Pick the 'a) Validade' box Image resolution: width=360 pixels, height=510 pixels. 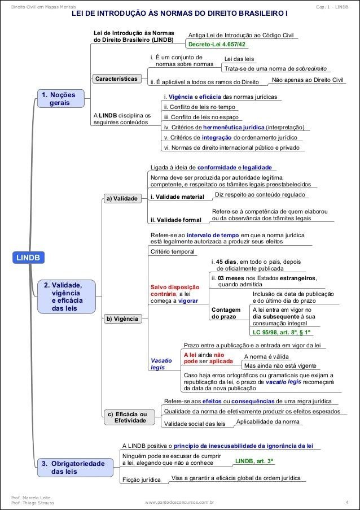(122, 199)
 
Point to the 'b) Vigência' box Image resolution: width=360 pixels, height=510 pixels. (122, 319)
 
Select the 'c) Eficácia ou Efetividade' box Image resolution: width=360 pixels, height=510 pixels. (127, 417)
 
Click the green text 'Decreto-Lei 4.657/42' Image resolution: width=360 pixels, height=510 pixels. (217, 44)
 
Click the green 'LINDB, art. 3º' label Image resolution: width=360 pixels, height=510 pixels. (254, 461)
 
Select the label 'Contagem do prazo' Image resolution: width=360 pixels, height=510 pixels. (225, 313)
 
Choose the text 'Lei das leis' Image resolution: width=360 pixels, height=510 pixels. (239, 59)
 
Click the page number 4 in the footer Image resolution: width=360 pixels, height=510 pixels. (346, 501)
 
